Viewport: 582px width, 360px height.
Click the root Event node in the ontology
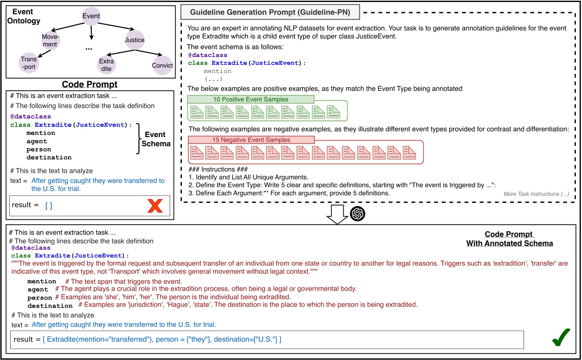(91, 16)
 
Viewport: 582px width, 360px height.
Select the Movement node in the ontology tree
(51, 40)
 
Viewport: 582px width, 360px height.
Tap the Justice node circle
(134, 40)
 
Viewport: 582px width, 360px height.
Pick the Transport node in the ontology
(29, 63)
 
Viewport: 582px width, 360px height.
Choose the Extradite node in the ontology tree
(107, 65)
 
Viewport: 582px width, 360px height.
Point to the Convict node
(162, 65)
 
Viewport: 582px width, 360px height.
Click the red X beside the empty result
(155, 206)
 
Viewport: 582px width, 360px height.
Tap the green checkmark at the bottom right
(561, 337)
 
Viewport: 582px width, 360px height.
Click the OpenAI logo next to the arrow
(357, 214)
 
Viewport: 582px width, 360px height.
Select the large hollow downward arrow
(337, 214)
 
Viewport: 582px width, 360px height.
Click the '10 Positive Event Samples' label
(251, 99)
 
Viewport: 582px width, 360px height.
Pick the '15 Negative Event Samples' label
(251, 140)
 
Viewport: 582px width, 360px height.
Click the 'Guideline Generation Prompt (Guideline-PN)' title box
(270, 12)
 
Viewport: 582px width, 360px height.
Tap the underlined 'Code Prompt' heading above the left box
(90, 84)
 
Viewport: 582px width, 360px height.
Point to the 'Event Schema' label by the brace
(156, 139)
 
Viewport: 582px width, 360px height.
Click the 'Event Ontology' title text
(24, 16)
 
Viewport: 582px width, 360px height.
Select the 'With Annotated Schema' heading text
(509, 243)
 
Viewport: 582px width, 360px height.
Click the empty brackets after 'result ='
(49, 205)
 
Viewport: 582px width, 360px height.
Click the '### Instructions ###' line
(218, 169)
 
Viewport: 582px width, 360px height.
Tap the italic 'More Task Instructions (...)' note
(536, 194)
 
